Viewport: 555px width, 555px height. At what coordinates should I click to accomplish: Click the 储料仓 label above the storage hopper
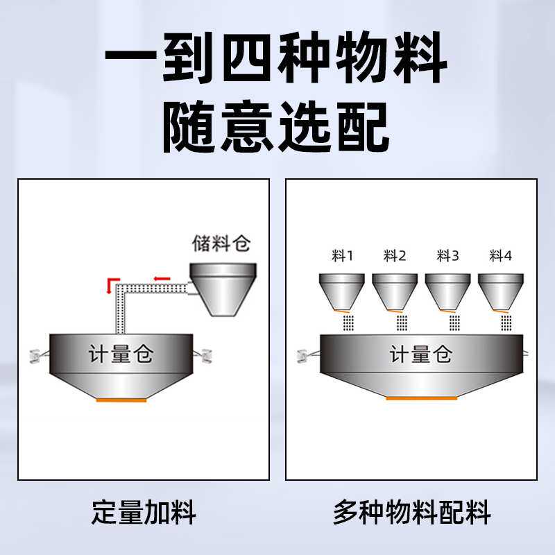pos(220,244)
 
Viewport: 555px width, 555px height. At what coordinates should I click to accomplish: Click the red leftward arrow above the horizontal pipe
pos(162,279)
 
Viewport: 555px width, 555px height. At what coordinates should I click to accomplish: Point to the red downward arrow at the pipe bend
pos(109,284)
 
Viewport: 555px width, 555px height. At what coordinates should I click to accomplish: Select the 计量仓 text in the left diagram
pos(121,355)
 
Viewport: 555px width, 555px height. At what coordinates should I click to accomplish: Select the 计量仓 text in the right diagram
pos(421,355)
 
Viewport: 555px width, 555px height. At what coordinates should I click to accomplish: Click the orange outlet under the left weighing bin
pos(121,400)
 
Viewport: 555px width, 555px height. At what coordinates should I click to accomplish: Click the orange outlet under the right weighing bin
pos(421,398)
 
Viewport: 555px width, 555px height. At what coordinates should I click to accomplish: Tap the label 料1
pos(342,256)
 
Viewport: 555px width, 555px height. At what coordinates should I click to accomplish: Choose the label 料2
pos(395,256)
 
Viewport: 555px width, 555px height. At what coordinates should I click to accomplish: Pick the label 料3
pos(447,256)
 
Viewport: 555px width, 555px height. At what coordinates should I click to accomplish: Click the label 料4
pos(500,256)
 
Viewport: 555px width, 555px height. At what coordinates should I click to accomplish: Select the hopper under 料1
pos(341,291)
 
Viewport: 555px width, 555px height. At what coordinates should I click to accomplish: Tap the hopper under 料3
pos(447,291)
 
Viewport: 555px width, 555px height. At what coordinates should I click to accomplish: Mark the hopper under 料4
pos(500,291)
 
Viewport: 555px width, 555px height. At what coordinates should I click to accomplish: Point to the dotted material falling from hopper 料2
pos(402,323)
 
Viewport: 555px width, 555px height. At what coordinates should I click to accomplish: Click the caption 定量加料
pos(144,513)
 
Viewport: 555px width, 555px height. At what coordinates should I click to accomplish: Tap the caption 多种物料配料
pos(411,513)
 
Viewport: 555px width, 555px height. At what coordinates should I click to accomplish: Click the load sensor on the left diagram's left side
pos(35,355)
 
